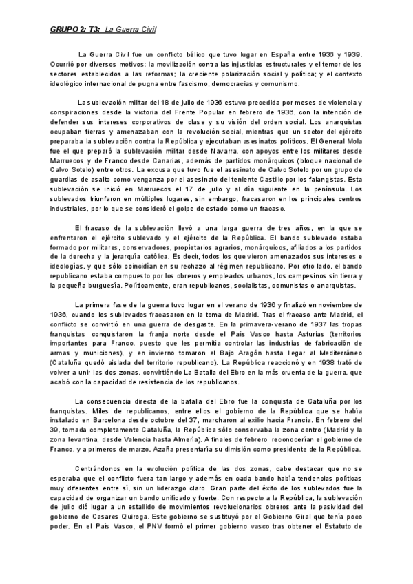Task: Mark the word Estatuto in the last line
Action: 340,531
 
